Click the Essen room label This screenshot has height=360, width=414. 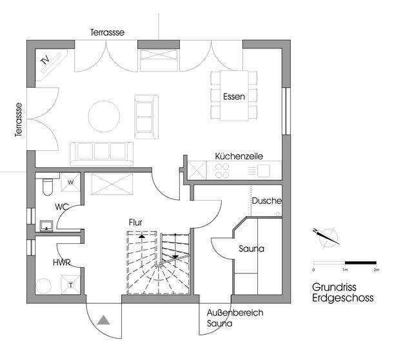234,96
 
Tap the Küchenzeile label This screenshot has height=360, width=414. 239,156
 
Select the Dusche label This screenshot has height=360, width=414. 267,201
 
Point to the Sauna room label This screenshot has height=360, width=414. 251,248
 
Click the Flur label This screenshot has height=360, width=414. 135,223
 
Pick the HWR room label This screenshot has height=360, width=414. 62,263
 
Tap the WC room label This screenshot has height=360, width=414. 62,207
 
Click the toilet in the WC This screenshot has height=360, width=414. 48,186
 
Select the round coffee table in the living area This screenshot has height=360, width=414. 104,116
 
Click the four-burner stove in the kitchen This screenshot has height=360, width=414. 222,170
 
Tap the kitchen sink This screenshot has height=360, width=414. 264,170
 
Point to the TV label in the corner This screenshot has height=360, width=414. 45,60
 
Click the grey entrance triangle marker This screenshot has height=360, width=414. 103,320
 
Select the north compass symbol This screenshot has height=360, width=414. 326,236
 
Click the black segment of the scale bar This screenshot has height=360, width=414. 360,263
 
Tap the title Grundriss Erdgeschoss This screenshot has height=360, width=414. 342,292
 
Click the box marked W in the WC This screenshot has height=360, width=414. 70,182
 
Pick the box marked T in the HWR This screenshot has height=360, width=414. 70,285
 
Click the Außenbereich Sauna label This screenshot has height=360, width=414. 235,318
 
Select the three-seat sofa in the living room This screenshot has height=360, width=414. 102,154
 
